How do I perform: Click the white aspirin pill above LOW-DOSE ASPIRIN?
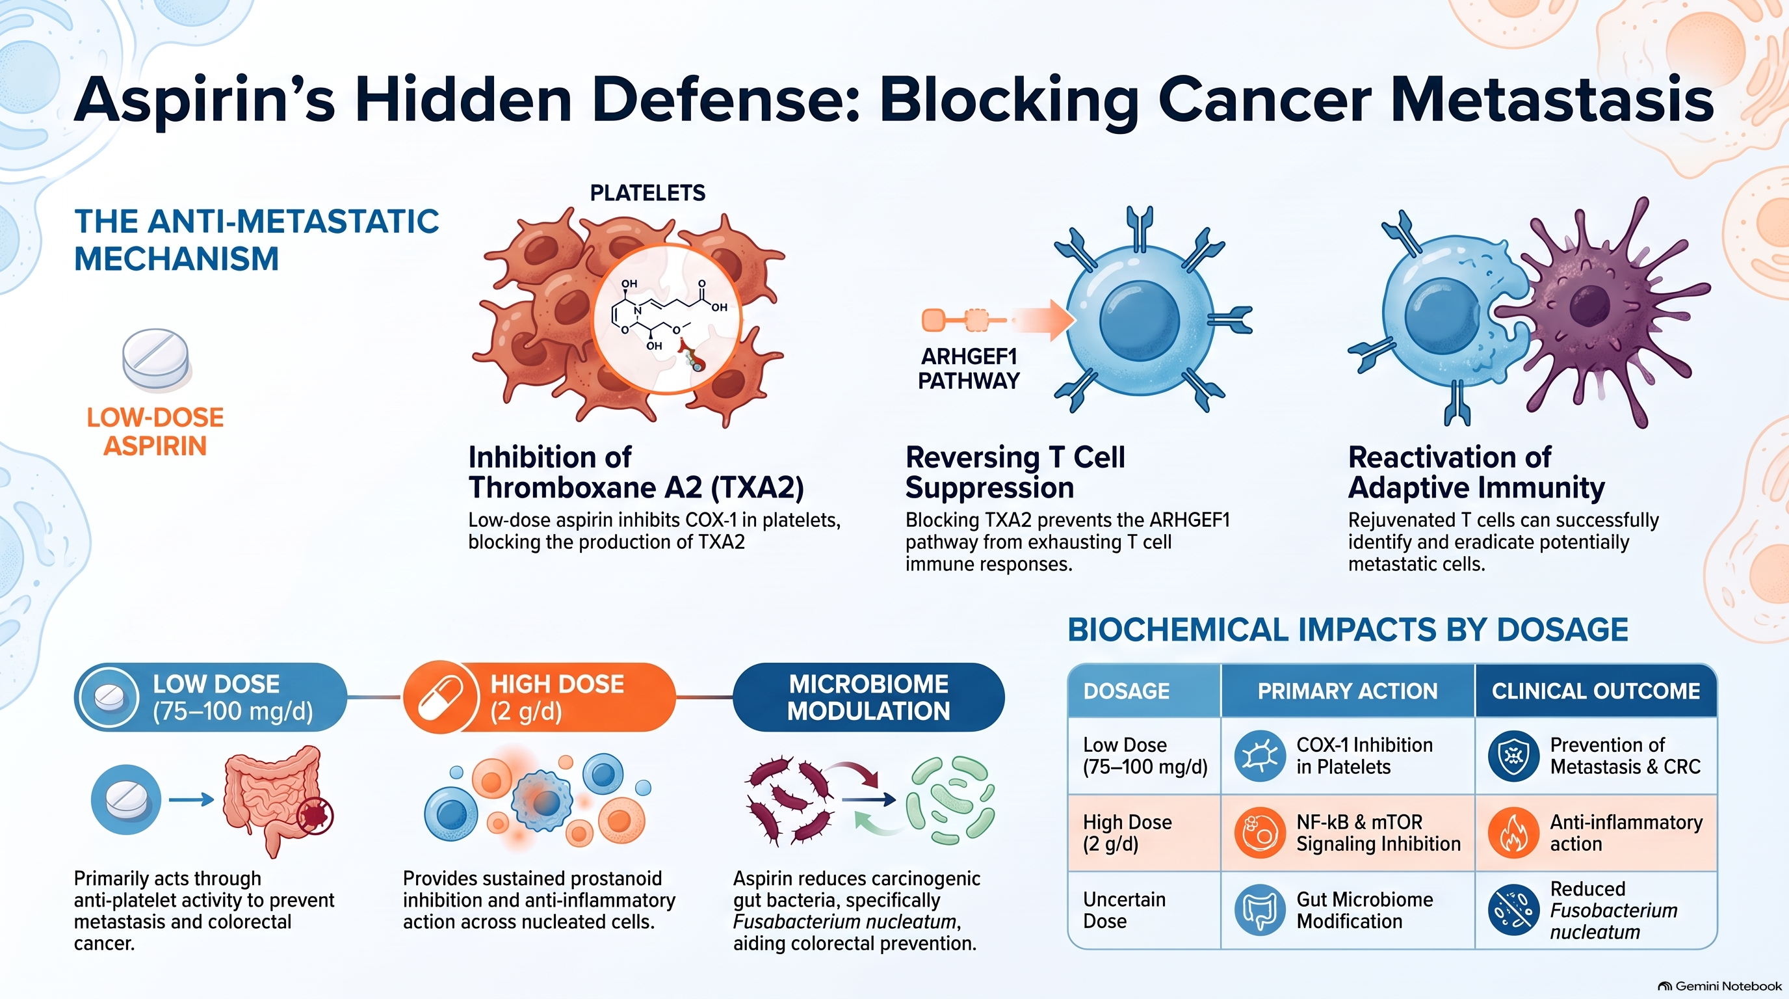[155, 360]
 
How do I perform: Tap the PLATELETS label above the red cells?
[647, 193]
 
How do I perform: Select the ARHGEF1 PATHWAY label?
[969, 369]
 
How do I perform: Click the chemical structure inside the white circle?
[665, 316]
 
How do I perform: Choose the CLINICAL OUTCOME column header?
[1595, 691]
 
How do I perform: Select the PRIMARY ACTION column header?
[1348, 691]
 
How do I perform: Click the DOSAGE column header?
[1127, 691]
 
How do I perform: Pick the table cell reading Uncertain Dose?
[1125, 910]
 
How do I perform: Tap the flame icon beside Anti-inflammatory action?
[1514, 832]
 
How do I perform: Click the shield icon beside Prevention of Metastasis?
[1514, 756]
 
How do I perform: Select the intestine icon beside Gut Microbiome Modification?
[1260, 910]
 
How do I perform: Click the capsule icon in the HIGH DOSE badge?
[441, 697]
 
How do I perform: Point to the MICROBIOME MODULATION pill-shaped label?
[868, 697]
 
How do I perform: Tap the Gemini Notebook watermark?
[1719, 986]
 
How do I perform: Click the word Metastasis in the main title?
[1552, 100]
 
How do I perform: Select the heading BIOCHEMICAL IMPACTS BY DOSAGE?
[1348, 630]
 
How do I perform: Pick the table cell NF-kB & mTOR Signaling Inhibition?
[1378, 832]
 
